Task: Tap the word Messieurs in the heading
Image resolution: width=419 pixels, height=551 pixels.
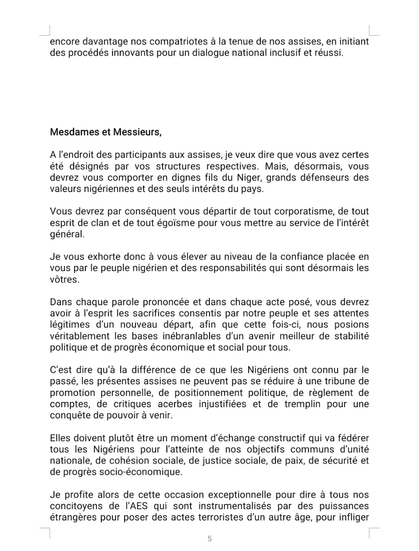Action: click(x=137, y=132)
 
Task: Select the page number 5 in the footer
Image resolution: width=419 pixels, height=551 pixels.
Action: click(x=210, y=539)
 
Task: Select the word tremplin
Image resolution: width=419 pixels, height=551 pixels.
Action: click(x=297, y=404)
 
